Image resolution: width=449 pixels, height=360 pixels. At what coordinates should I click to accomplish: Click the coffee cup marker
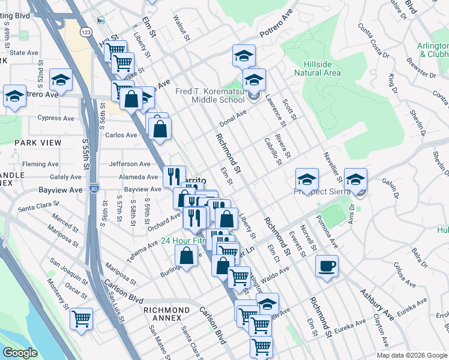click(x=327, y=266)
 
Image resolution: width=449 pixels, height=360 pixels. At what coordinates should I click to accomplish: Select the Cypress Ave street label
click(x=56, y=118)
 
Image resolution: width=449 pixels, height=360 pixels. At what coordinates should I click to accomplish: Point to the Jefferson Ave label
click(x=130, y=164)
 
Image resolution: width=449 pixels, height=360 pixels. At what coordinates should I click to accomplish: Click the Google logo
click(x=20, y=353)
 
